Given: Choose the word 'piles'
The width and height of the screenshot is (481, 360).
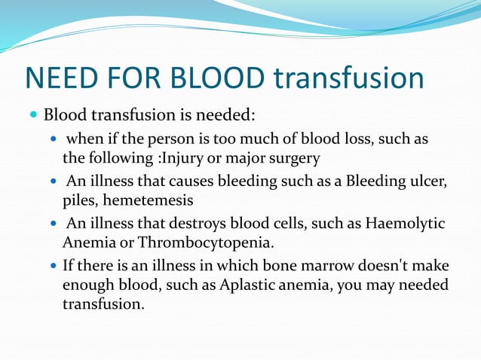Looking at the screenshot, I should [79, 201].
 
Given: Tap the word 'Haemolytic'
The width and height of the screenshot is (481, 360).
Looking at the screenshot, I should [405, 224].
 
